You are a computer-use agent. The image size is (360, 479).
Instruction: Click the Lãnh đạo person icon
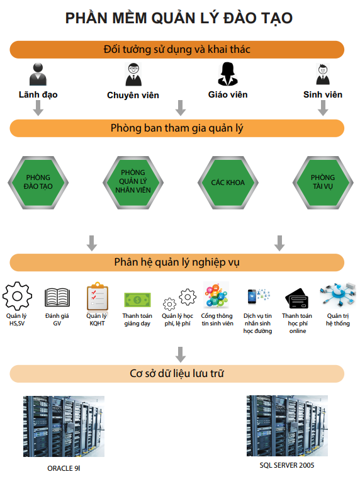[x=38, y=74]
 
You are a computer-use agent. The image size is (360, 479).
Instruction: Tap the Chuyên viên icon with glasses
[x=133, y=74]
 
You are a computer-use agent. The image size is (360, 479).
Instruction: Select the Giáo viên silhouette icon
[x=228, y=74]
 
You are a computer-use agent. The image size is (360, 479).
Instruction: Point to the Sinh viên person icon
[x=323, y=74]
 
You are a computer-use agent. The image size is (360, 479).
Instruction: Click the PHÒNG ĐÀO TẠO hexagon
[x=38, y=183]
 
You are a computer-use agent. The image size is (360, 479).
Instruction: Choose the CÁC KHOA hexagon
[x=228, y=183]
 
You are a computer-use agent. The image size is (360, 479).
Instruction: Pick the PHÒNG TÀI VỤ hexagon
[x=323, y=183]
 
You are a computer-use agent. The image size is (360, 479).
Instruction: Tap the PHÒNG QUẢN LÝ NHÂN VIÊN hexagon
[x=133, y=183]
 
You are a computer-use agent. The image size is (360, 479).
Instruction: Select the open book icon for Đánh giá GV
[x=57, y=297]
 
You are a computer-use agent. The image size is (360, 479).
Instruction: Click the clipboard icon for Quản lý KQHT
[x=98, y=296]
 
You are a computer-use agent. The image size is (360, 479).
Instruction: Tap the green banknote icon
[x=137, y=300]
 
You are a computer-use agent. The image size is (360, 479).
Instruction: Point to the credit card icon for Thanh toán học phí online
[x=297, y=298]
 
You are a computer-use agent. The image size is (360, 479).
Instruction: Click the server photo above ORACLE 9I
[x=64, y=426]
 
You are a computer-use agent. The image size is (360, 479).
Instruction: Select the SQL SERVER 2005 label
[x=287, y=465]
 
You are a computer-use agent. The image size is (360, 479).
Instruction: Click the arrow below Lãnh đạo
[x=38, y=108]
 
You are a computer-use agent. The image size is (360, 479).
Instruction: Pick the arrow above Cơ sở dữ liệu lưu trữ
[x=181, y=354]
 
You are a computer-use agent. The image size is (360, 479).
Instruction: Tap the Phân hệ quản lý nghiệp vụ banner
[x=177, y=262]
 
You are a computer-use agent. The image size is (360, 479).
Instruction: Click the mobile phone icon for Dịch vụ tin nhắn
[x=252, y=296]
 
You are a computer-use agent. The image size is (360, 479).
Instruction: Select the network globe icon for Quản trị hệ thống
[x=338, y=295]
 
